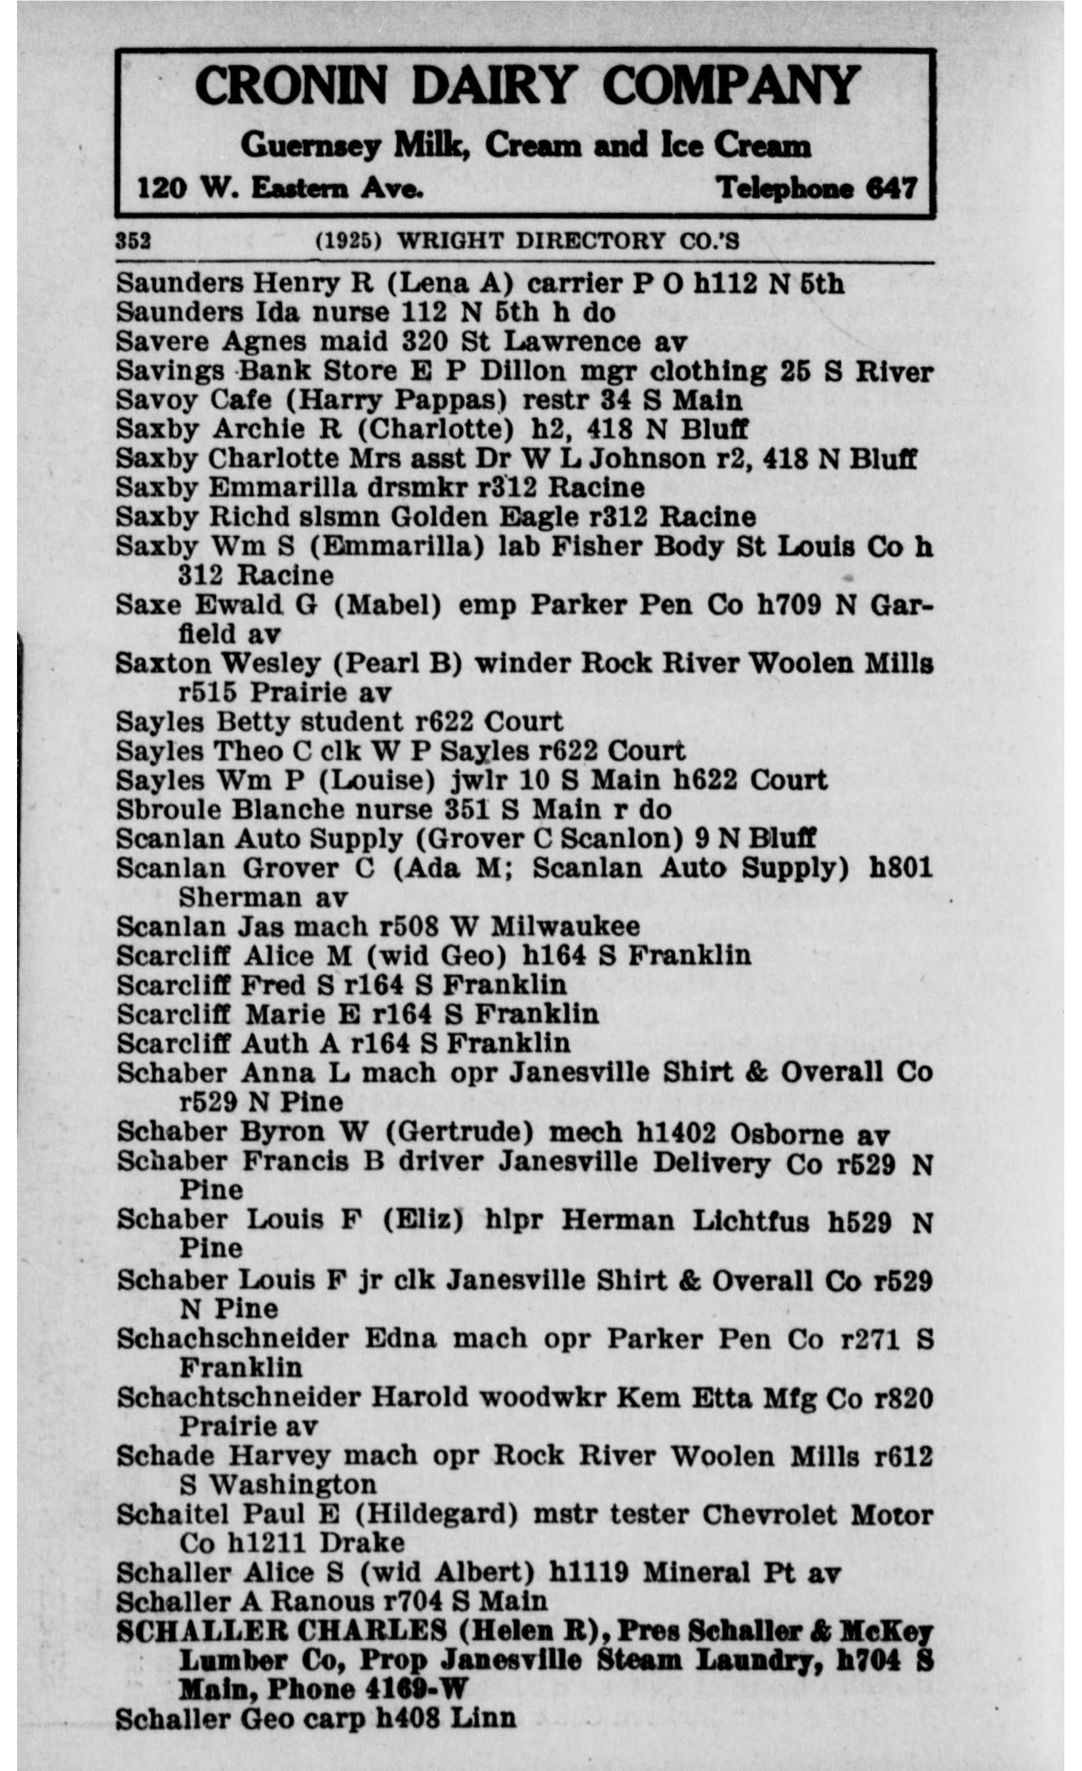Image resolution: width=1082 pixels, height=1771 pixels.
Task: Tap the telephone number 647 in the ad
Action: coord(892,188)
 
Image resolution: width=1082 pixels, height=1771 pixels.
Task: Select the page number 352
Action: coord(134,241)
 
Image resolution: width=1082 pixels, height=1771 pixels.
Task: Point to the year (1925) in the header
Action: coord(348,241)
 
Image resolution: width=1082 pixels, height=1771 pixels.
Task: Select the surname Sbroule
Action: coord(168,809)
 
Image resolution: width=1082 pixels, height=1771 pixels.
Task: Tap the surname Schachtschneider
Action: coord(239,1396)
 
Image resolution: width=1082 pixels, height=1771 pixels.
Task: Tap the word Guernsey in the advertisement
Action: coord(310,145)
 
